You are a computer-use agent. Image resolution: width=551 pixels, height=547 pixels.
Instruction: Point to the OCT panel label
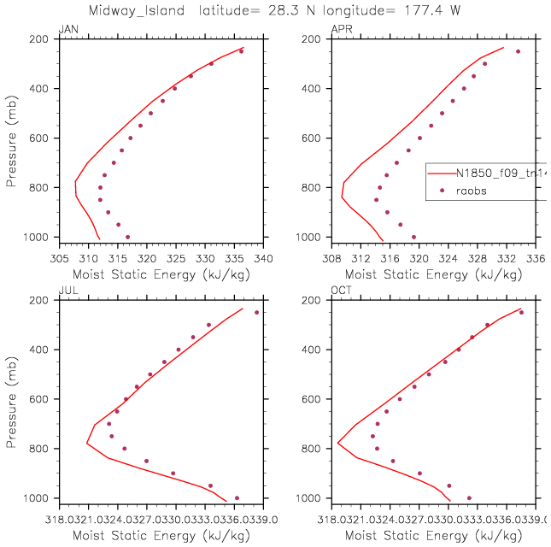340,292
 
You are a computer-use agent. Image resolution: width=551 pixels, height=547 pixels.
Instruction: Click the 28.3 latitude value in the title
335,9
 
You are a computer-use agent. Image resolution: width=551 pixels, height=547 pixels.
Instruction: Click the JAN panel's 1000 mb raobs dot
127,237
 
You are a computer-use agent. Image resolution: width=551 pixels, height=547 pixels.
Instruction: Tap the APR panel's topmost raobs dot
518,51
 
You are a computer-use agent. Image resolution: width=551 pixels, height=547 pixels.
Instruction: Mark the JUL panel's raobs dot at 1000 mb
237,497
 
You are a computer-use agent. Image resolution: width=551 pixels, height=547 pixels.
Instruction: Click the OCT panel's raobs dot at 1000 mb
469,497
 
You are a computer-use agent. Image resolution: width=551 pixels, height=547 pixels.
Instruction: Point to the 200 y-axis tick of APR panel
316,39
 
